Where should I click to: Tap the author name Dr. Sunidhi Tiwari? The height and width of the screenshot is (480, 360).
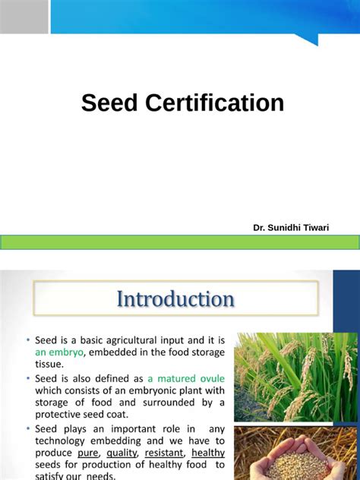pyautogui.click(x=291, y=228)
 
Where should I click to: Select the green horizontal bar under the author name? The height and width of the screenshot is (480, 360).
pyautogui.click(x=180, y=242)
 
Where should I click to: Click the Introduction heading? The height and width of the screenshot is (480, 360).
pyautogui.click(x=175, y=299)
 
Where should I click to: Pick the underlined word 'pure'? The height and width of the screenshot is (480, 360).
pyautogui.click(x=88, y=453)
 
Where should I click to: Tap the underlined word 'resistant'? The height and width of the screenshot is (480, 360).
pyautogui.click(x=164, y=453)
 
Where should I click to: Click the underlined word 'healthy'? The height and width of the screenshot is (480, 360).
pyautogui.click(x=208, y=453)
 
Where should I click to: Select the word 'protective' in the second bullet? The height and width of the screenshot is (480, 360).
pyautogui.click(x=63, y=414)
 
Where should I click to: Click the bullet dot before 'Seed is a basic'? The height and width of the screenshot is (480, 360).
pyautogui.click(x=28, y=339)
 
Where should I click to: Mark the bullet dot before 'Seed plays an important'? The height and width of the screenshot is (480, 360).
pyautogui.click(x=28, y=428)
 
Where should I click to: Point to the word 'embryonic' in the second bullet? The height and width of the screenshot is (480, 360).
pyautogui.click(x=147, y=390)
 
